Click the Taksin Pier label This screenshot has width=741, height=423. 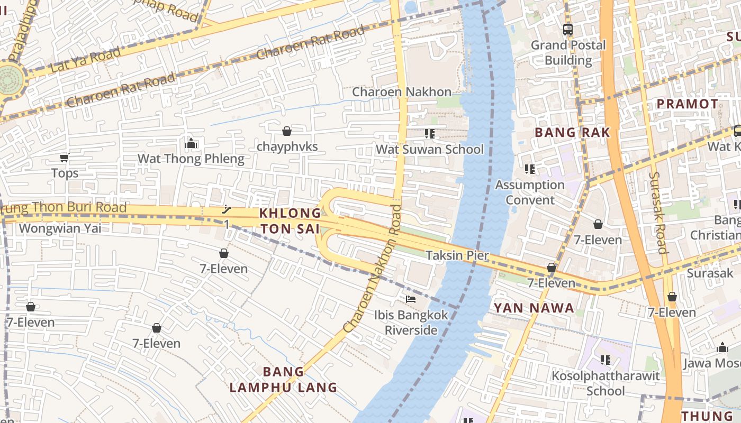click(x=457, y=256)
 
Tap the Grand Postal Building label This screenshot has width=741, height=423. click(x=568, y=52)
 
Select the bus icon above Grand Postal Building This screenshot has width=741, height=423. click(x=568, y=30)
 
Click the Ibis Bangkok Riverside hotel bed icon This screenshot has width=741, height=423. click(x=410, y=299)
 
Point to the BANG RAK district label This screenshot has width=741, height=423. click(x=572, y=132)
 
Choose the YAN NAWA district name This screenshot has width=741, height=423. click(x=534, y=308)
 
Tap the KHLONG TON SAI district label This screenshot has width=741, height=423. click(x=290, y=221)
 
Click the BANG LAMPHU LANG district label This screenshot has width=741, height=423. click(x=283, y=379)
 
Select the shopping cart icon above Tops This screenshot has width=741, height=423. click(x=65, y=158)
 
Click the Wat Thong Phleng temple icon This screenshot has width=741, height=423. click(x=191, y=143)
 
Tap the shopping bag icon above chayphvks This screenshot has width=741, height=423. click(x=287, y=131)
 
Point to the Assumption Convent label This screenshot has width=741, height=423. click(x=529, y=192)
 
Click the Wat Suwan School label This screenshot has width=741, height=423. click(x=429, y=150)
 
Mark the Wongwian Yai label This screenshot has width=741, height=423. click(x=60, y=228)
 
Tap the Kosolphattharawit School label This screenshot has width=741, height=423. click(x=606, y=383)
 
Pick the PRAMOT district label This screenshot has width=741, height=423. click(x=687, y=104)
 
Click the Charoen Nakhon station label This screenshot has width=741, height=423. click(x=402, y=92)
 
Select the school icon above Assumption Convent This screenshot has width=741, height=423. click(x=529, y=169)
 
